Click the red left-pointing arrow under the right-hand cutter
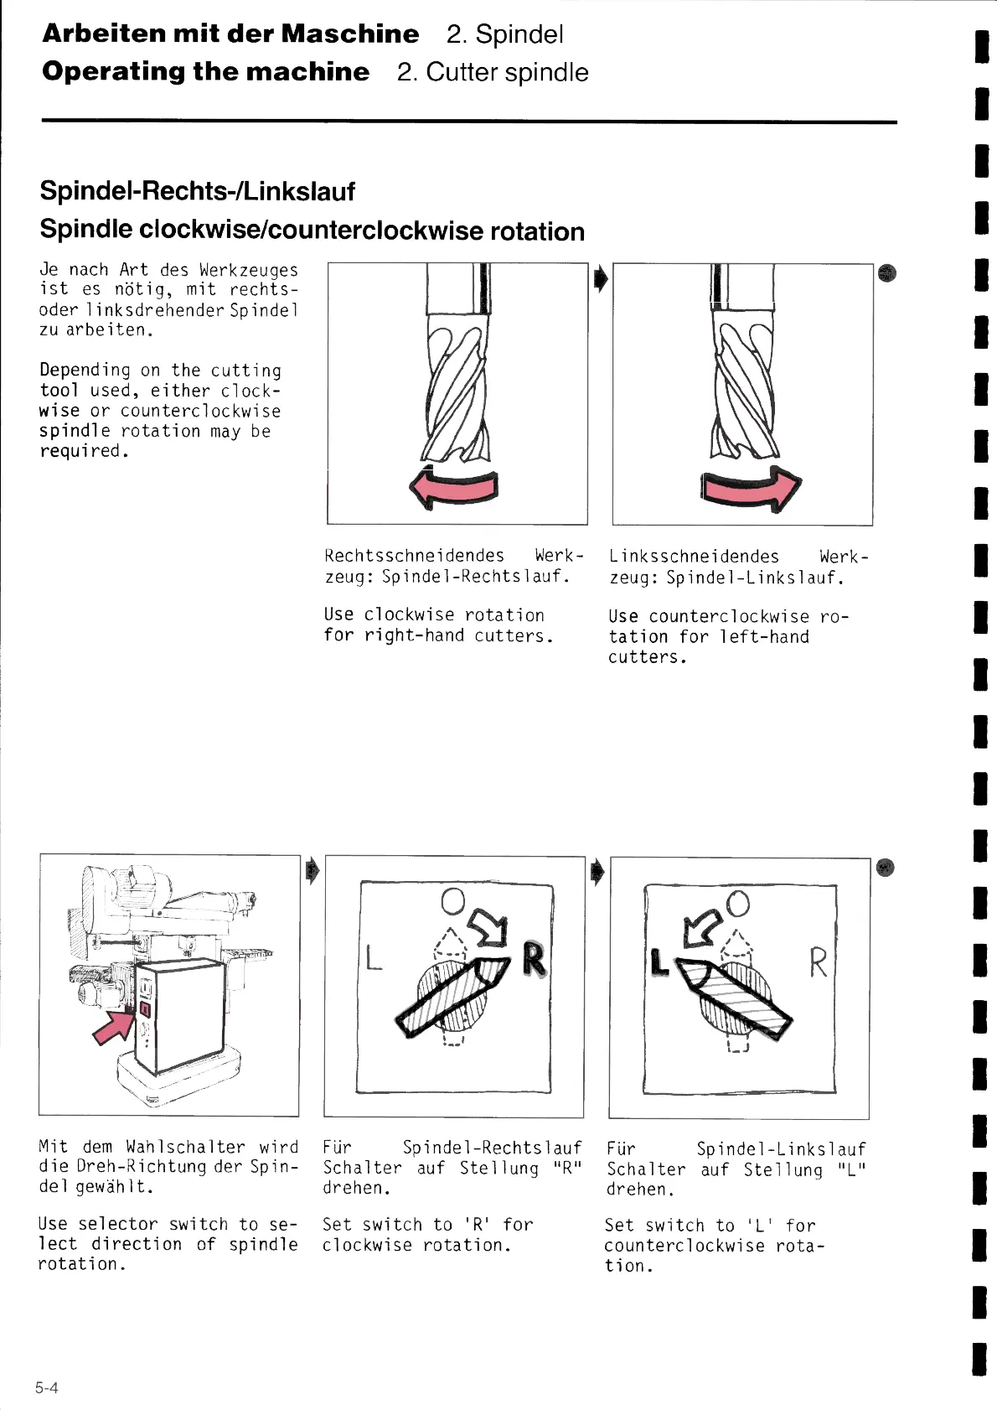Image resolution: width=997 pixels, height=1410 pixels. click(452, 488)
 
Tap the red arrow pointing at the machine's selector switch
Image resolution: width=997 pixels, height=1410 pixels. click(112, 1026)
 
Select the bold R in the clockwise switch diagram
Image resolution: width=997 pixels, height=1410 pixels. click(534, 959)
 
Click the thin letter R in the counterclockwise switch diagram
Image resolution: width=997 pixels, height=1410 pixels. click(818, 962)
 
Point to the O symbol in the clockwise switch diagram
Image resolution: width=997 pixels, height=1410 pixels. click(452, 900)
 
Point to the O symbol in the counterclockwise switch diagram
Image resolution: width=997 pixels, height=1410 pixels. click(737, 904)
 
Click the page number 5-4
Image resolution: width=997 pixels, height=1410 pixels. click(47, 1387)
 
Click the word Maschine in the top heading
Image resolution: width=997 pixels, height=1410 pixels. click(349, 34)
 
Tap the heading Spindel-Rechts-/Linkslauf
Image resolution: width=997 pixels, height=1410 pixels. click(198, 191)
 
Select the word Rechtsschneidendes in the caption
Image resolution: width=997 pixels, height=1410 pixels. click(414, 556)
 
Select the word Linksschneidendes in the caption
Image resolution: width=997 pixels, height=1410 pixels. click(694, 557)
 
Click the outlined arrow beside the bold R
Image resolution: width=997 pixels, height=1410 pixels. click(488, 925)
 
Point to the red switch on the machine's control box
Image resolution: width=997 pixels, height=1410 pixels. click(144, 1008)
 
